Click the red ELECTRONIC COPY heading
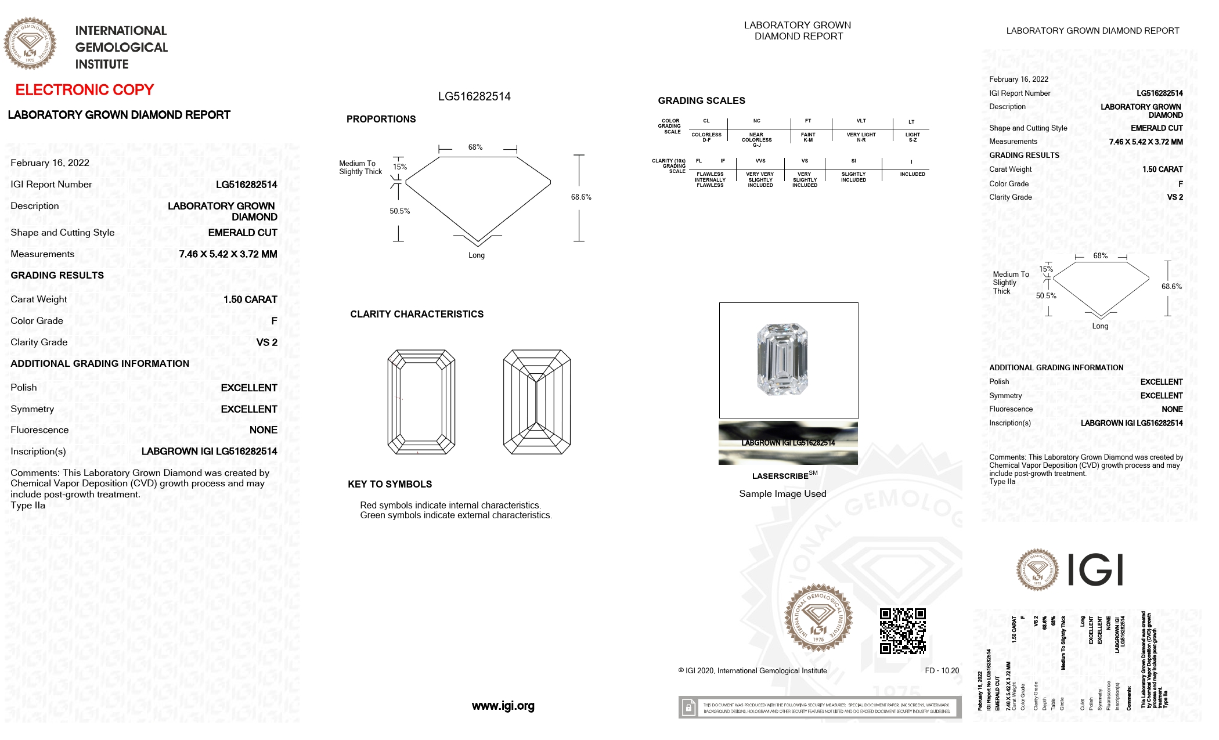[84, 90]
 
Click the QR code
[902, 631]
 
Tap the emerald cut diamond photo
[782, 359]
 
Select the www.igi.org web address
[503, 706]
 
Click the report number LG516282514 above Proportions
[474, 96]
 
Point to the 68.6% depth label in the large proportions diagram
[580, 197]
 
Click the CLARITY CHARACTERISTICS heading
[416, 314]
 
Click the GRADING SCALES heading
[701, 100]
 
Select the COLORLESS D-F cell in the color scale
[706, 137]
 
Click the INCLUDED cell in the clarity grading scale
[912, 174]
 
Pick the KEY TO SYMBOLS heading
[389, 484]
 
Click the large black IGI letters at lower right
[1096, 570]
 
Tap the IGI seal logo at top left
[30, 44]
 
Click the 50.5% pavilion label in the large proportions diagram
[399, 211]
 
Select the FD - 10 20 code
[942, 670]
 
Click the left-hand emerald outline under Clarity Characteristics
[421, 402]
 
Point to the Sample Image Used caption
[782, 494]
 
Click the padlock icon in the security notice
[688, 707]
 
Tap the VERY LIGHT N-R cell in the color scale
[861, 137]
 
